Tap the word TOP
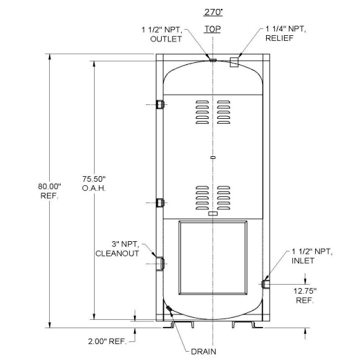tap(211, 32)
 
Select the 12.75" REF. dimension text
tap(305, 296)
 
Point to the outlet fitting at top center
tap(212, 59)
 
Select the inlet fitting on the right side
tap(265, 283)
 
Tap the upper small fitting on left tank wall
tap(160, 104)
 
